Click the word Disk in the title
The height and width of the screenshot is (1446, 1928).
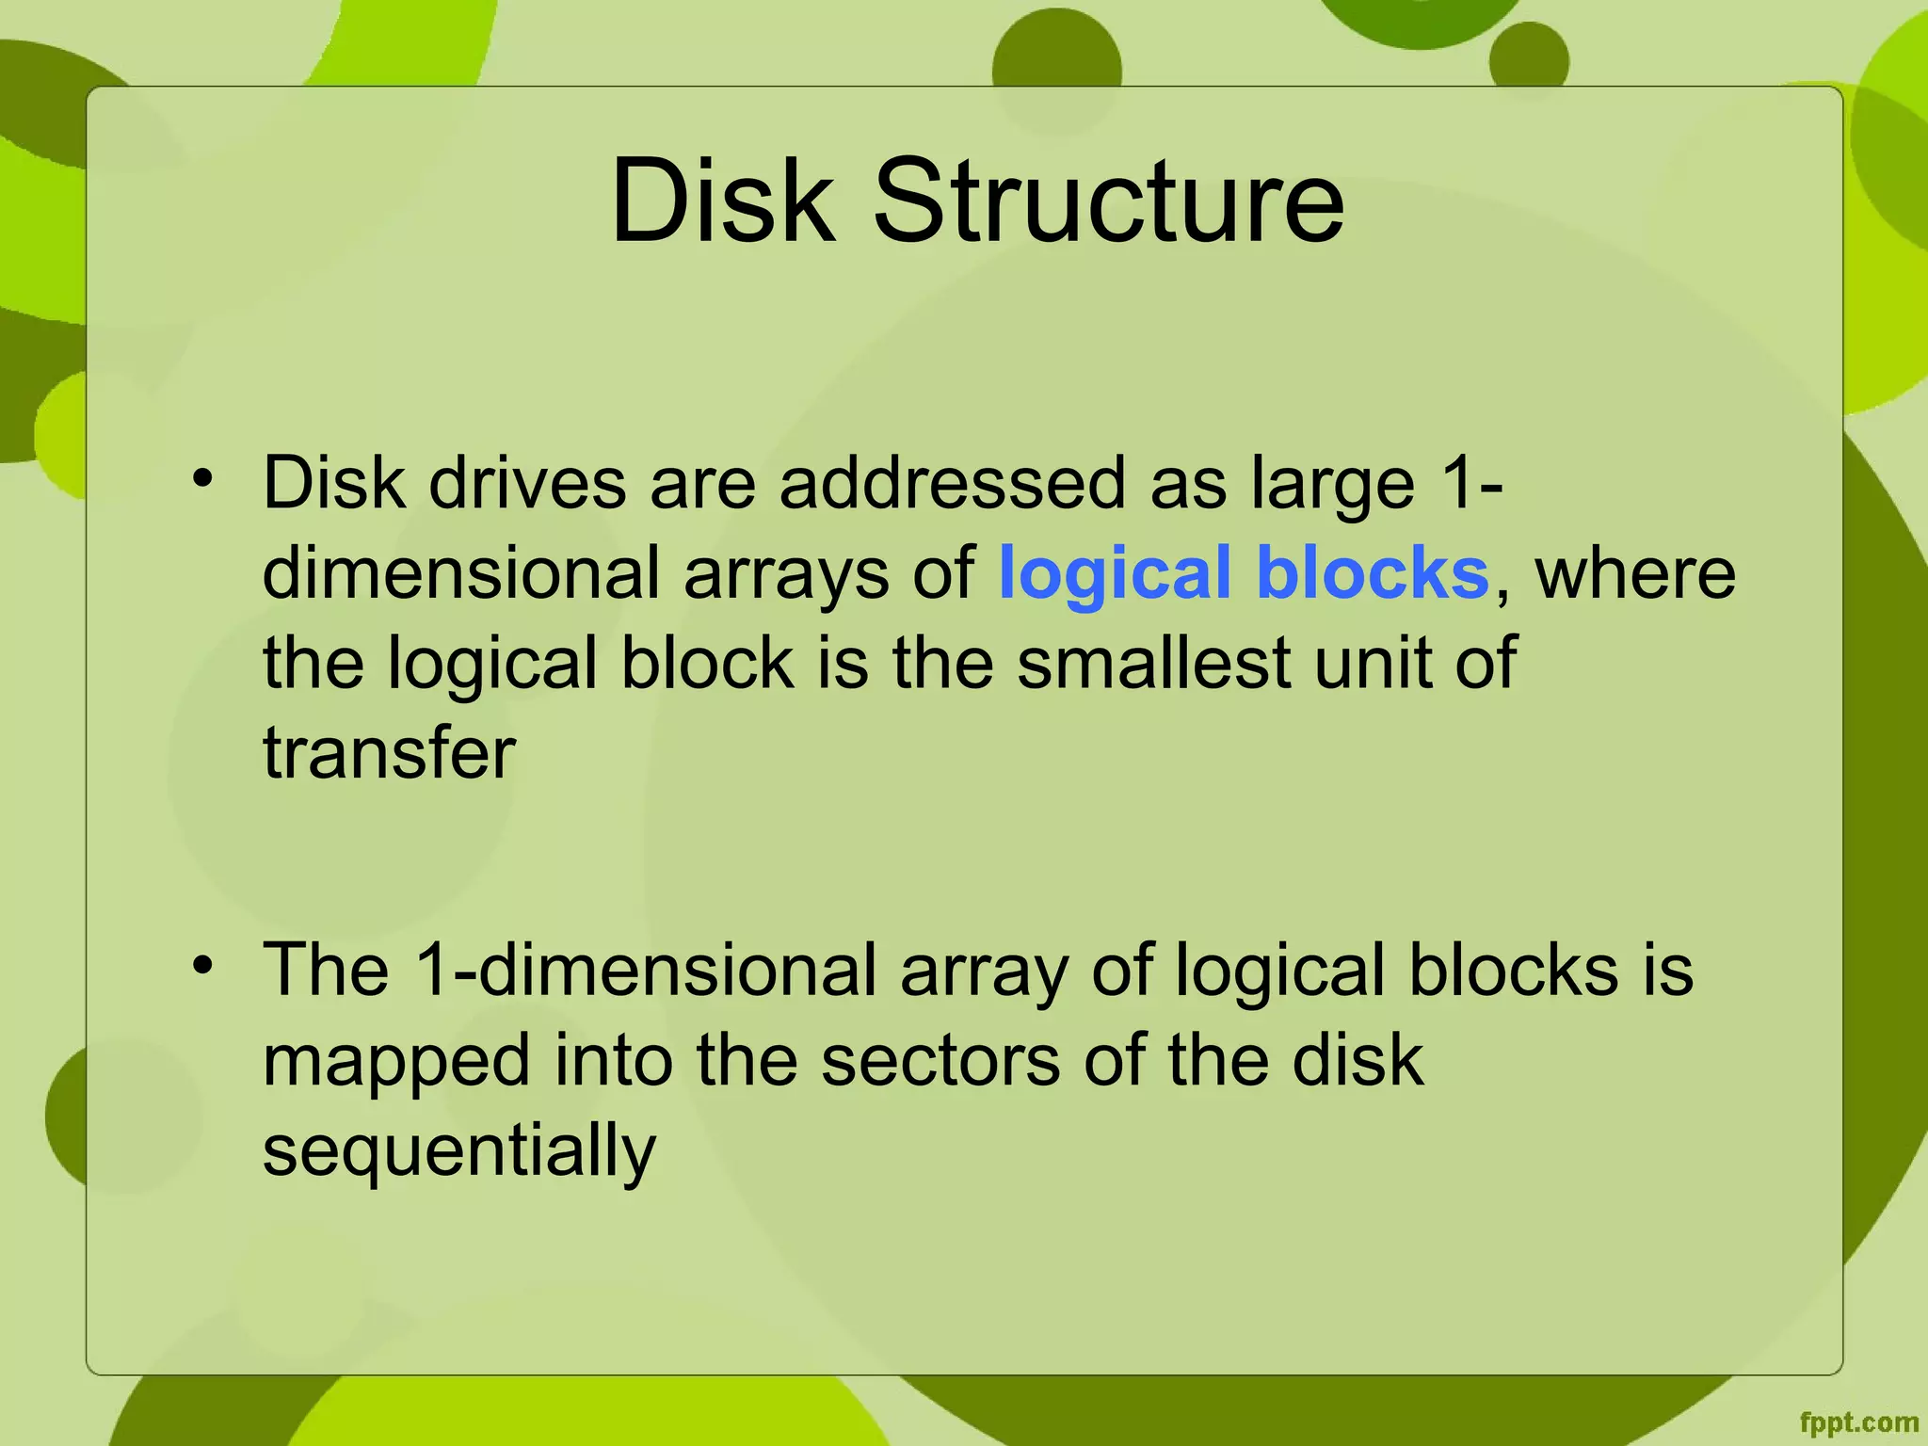[723, 201]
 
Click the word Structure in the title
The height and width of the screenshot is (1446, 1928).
[1109, 201]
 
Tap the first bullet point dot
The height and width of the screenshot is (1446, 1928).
[201, 478]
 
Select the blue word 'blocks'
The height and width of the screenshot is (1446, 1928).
[1373, 572]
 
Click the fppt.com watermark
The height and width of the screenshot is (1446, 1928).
[1858, 1422]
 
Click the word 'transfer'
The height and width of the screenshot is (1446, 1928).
[389, 753]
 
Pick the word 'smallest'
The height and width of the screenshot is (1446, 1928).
[1153, 663]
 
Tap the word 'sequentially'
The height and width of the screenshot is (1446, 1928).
[458, 1150]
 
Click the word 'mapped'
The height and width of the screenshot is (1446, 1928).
[395, 1062]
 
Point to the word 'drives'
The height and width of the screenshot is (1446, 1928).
[527, 483]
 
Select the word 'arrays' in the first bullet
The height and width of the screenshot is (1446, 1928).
[786, 574]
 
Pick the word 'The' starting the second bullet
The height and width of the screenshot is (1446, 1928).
[326, 970]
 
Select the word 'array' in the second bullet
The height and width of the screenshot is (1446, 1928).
[984, 972]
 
